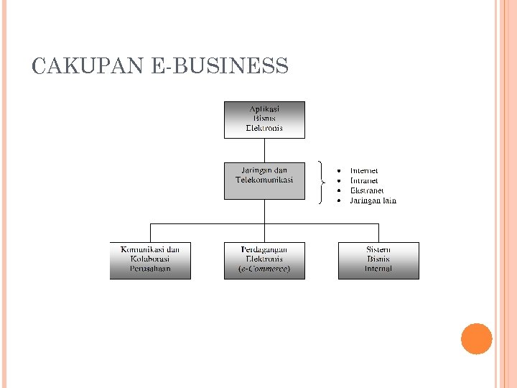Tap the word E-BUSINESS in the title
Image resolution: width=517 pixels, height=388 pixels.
point(220,67)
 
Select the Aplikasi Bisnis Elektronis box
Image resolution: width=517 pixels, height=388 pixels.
point(264,119)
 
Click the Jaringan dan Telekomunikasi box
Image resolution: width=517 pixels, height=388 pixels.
point(264,180)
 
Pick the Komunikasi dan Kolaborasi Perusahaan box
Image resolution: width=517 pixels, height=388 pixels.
point(150,260)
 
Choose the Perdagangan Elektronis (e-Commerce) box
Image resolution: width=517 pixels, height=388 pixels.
point(264,260)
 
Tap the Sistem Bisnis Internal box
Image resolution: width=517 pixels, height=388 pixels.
point(378,260)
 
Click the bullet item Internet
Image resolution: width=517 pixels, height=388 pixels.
point(364,170)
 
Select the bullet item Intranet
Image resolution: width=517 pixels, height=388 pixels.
point(364,180)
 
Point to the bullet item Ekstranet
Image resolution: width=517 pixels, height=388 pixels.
point(367,190)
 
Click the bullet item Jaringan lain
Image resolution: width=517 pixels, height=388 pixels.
point(373,200)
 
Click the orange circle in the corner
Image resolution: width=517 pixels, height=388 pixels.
point(477,339)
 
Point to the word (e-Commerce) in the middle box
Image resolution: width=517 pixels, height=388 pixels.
point(264,269)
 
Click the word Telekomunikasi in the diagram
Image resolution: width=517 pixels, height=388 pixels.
point(264,180)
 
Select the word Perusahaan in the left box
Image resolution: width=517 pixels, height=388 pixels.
point(150,269)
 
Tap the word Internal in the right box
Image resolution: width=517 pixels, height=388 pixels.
point(378,269)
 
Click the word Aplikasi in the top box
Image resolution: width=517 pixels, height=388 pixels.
point(264,108)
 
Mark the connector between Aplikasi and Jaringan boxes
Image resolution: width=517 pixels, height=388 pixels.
point(265,149)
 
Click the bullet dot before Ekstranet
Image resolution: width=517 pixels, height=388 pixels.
point(338,190)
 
